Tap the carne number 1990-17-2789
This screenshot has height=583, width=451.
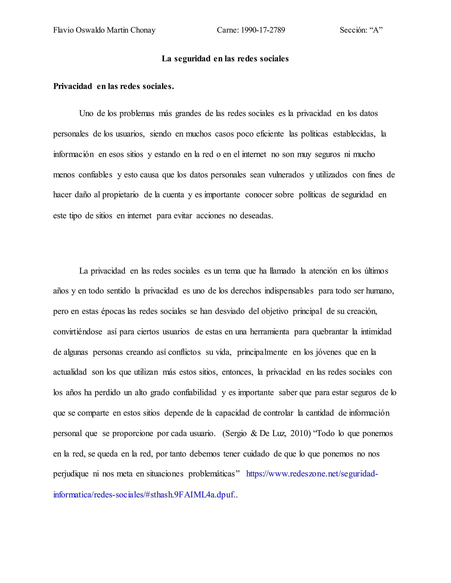263,30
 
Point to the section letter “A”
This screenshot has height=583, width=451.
376,30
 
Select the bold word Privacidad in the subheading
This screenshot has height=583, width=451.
73,86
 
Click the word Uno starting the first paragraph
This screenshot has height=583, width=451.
86,114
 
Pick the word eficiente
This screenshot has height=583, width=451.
270,134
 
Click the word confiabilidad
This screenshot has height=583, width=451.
194,392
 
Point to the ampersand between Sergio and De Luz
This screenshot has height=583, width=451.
253,433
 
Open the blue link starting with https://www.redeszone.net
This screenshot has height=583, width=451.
312,474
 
